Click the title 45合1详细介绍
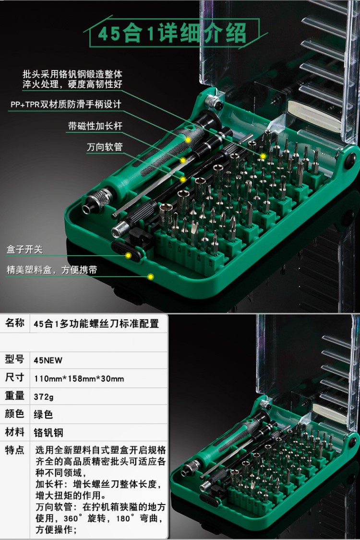tap(172, 34)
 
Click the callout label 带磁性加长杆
tap(95, 126)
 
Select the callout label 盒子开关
tap(24, 249)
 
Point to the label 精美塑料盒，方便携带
tap(51, 270)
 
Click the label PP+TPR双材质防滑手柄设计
tap(66, 105)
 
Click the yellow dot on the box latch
tap(129, 256)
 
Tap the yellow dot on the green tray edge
tap(150, 277)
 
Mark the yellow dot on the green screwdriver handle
tap(188, 140)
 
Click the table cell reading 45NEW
tap(48, 360)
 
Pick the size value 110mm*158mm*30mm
tap(79, 378)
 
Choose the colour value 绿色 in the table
tap(43, 414)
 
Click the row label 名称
tap(15, 323)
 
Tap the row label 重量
tap(15, 396)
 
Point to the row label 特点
tap(15, 450)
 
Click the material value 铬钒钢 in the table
tap(48, 433)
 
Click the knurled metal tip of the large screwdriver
tap(98, 199)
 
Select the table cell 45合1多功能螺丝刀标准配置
tap(96, 324)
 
